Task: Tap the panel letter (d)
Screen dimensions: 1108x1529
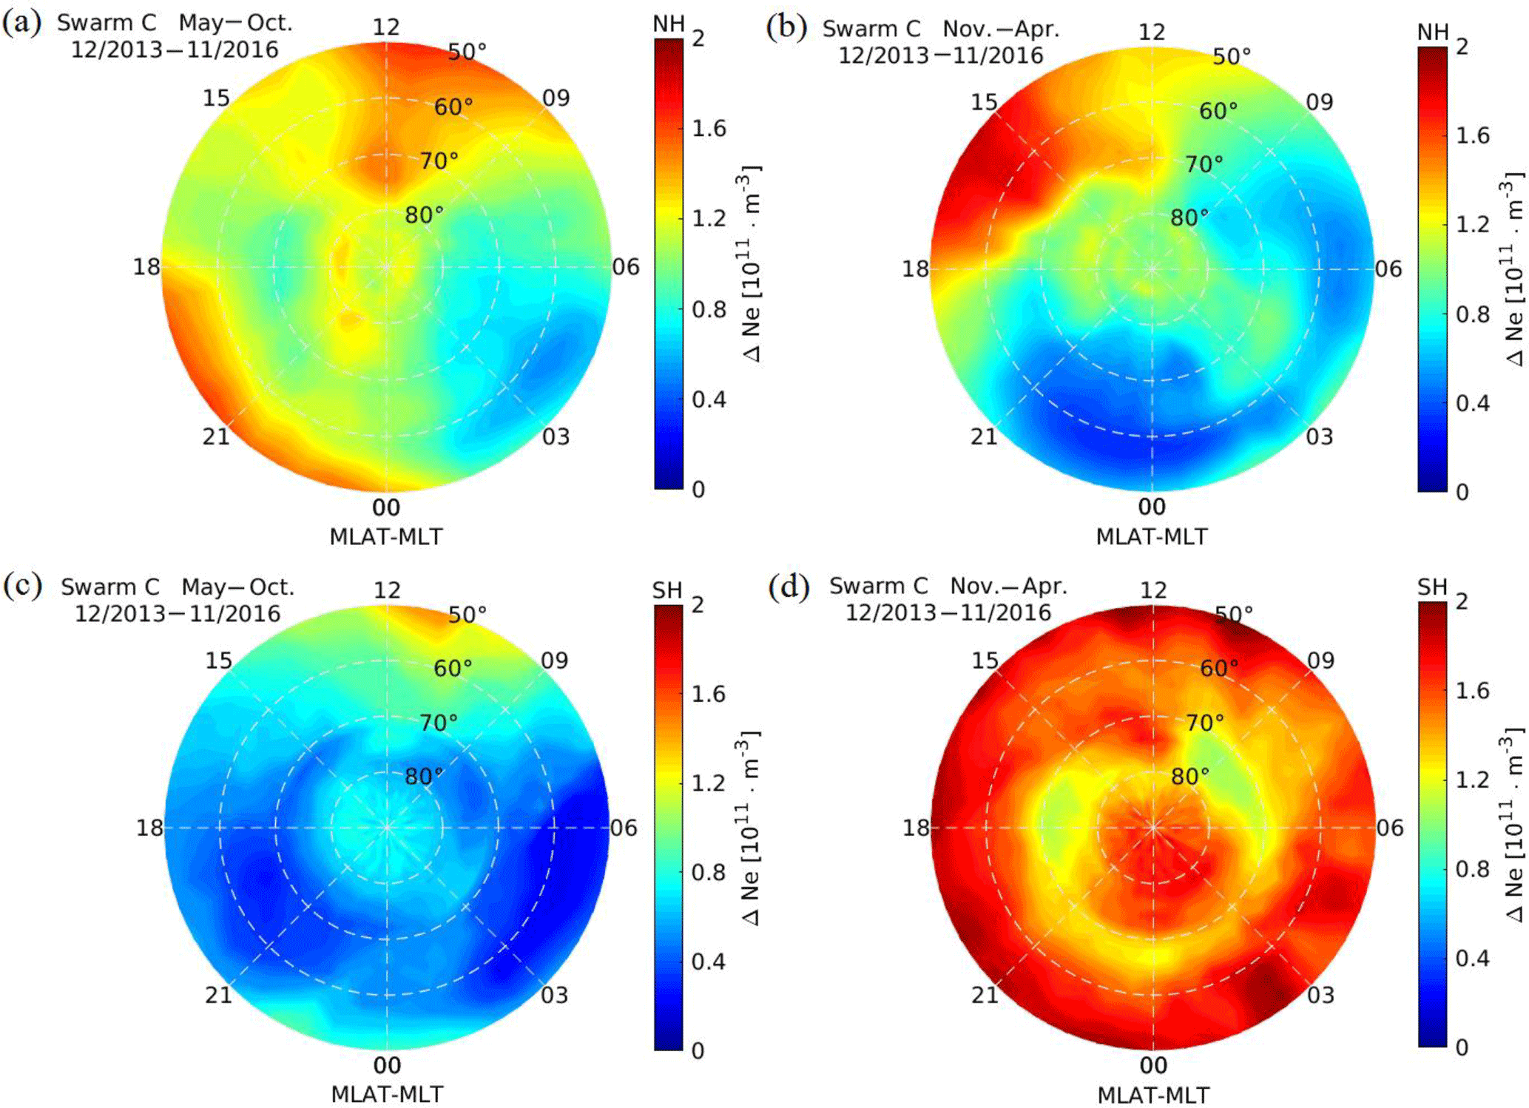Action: [x=789, y=587]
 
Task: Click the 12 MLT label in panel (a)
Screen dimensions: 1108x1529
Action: [x=386, y=27]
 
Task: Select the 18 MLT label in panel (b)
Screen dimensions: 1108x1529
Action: [x=915, y=268]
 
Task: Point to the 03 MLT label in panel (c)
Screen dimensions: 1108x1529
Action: [x=555, y=995]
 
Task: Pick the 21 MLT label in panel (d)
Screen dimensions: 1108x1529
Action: [x=985, y=995]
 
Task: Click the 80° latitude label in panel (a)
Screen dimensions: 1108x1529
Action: [x=425, y=214]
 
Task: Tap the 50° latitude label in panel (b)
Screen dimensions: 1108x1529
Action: [x=1232, y=56]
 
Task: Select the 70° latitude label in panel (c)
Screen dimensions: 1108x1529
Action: [x=439, y=722]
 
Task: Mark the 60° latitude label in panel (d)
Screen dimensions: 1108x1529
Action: [x=1219, y=668]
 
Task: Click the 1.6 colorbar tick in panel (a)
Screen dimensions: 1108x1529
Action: [x=709, y=129]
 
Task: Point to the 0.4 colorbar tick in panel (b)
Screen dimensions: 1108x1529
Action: [x=1473, y=403]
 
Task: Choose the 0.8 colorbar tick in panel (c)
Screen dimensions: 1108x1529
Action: [x=709, y=872]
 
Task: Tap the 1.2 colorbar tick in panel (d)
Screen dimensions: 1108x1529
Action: [x=1473, y=779]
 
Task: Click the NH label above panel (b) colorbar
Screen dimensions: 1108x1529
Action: [x=1433, y=32]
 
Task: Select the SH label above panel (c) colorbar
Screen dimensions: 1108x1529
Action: [x=667, y=590]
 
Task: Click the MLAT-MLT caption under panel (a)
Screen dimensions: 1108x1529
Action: [x=386, y=536]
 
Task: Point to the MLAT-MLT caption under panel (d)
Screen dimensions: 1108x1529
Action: [x=1153, y=1095]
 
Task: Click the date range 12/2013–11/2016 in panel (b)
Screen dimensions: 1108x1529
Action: [x=940, y=55]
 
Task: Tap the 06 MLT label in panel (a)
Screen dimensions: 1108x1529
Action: [x=626, y=267]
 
